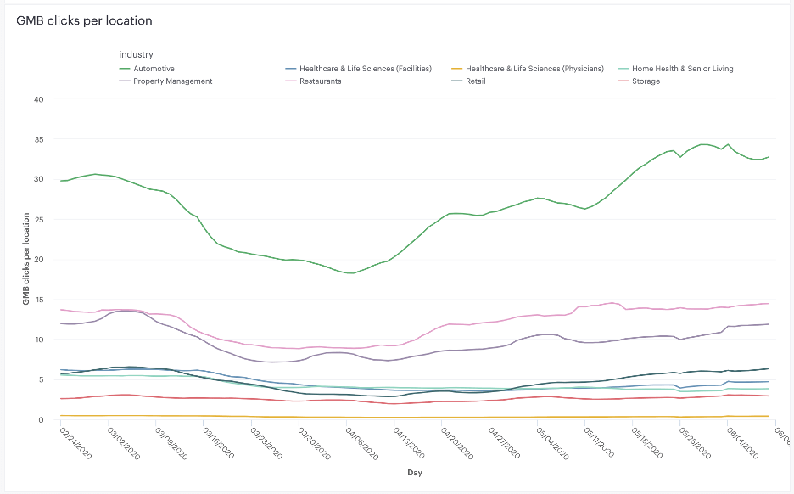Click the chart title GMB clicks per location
(84, 20)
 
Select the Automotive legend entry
(154, 69)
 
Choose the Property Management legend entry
(172, 81)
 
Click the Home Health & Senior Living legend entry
(681, 69)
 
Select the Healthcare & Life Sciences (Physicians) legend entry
(534, 69)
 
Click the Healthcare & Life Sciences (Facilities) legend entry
(365, 69)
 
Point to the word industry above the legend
(136, 55)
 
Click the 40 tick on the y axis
(38, 99)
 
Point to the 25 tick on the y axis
(38, 220)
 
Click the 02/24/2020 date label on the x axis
(75, 442)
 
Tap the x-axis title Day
(413, 473)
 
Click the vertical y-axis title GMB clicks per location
(26, 259)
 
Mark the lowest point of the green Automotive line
(349, 273)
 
